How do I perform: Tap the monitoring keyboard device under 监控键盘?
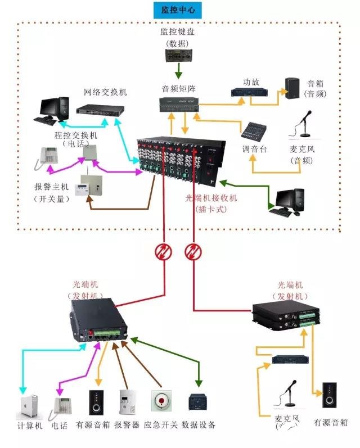(178, 56)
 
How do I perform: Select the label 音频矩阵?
(179, 88)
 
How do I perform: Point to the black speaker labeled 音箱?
(292, 89)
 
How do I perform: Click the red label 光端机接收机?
(211, 198)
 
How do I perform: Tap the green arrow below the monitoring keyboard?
(178, 71)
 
